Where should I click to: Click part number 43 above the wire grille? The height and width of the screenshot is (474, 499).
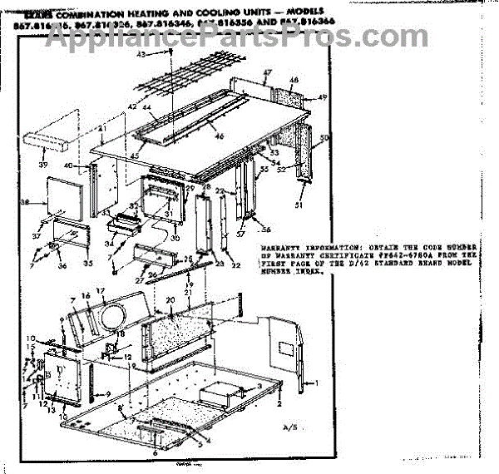(141, 54)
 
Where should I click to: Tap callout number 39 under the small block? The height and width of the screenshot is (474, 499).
(43, 165)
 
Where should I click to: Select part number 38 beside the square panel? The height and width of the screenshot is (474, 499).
(23, 202)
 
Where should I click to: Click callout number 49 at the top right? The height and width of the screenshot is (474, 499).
(323, 98)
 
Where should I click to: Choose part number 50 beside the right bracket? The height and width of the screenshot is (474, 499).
(325, 137)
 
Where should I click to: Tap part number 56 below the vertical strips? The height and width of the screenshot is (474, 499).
(267, 230)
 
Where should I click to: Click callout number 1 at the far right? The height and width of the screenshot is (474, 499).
(315, 382)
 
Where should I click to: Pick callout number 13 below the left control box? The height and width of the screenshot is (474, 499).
(52, 410)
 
